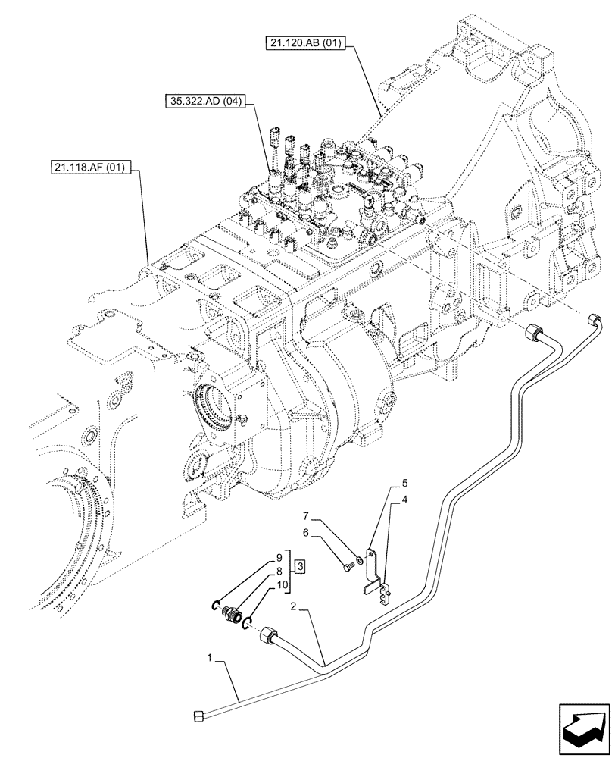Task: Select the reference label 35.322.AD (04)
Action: [204, 102]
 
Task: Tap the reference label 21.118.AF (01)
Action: [94, 165]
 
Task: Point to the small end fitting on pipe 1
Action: [198, 714]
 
